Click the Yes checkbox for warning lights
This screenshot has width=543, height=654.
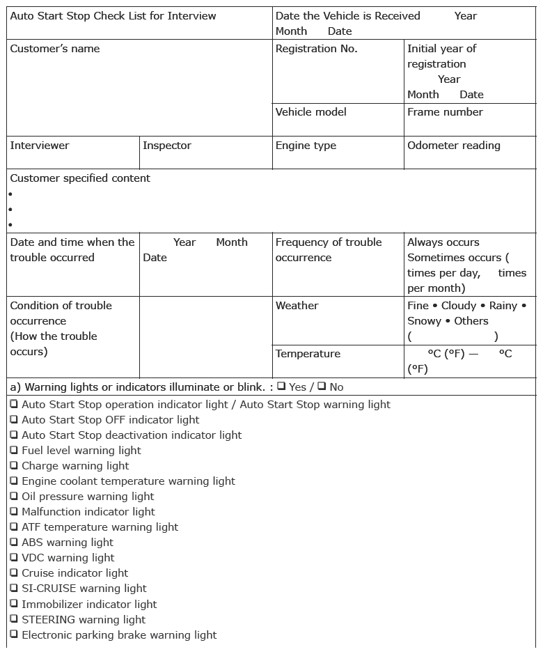click(281, 386)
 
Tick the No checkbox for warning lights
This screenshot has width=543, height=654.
click(322, 386)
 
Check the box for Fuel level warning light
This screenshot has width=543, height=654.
click(14, 450)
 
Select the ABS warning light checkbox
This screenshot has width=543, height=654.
click(14, 542)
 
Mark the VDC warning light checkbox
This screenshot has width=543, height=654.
click(14, 557)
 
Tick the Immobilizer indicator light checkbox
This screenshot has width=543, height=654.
click(14, 603)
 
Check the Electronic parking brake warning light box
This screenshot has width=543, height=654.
click(14, 634)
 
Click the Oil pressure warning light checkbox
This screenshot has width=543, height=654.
click(14, 496)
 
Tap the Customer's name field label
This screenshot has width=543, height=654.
click(55, 49)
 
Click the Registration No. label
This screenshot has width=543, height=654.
click(316, 49)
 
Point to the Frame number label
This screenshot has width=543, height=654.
click(445, 112)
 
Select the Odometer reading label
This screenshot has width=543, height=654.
click(453, 146)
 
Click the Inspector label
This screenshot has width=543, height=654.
click(167, 146)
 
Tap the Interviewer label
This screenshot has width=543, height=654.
click(40, 146)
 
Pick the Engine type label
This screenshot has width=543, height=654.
click(306, 146)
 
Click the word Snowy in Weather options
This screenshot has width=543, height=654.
click(424, 321)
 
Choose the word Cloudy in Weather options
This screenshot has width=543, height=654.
click(459, 306)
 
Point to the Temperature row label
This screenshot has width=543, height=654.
click(308, 354)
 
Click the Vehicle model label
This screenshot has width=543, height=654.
click(310, 112)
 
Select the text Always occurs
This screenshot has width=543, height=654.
click(443, 242)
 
